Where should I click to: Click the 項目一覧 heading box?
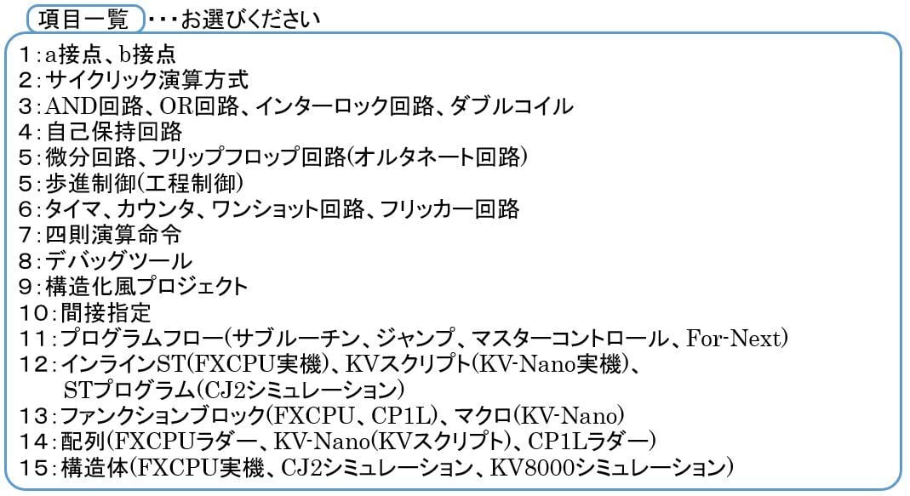[x=83, y=17]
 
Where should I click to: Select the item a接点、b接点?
[x=110, y=55]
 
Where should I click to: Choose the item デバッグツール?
[x=119, y=260]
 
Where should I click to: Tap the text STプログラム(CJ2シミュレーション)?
[x=233, y=390]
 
